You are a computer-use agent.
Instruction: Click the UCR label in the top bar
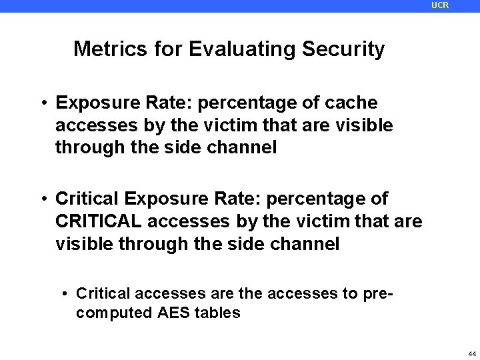440,5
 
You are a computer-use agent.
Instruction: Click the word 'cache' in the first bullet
353,103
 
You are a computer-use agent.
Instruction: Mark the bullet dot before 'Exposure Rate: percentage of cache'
42,104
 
